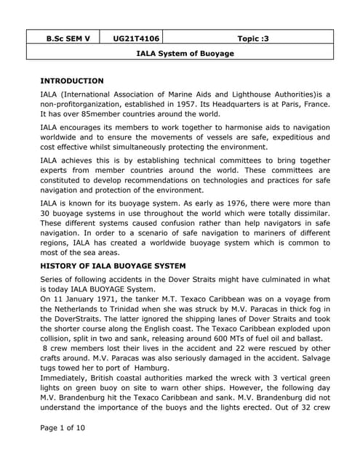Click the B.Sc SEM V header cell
(63, 37)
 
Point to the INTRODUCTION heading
(72, 81)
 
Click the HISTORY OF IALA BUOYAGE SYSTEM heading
(113, 266)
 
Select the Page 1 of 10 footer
(63, 428)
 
